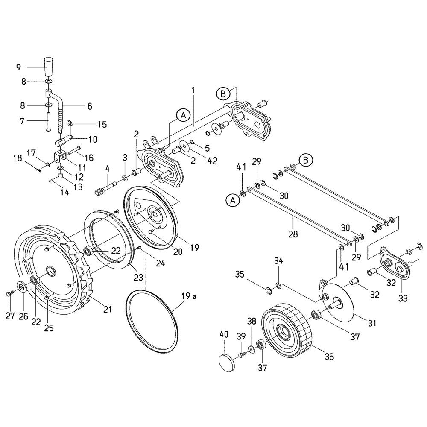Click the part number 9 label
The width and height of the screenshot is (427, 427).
[x=18, y=67]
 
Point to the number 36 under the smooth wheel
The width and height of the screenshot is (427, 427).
[x=329, y=357]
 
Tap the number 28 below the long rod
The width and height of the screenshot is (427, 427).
[x=293, y=234]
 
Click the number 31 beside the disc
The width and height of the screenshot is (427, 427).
[x=372, y=323]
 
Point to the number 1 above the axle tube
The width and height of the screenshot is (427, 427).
[x=193, y=91]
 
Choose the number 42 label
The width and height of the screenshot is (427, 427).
[x=212, y=161]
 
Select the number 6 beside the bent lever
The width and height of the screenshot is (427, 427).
[x=90, y=106]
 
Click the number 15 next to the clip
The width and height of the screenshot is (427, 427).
[x=102, y=125]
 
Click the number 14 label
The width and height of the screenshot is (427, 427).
[x=64, y=192]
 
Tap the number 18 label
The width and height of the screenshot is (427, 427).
[x=18, y=158]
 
